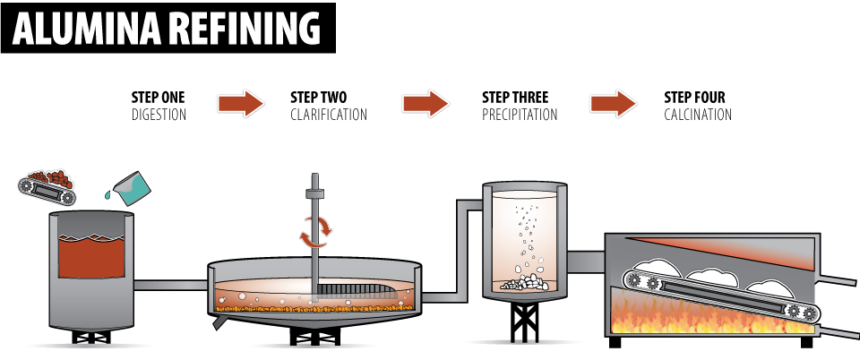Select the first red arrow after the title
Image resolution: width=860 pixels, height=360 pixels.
pyautogui.click(x=241, y=104)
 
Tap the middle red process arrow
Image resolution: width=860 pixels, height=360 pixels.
pyautogui.click(x=426, y=104)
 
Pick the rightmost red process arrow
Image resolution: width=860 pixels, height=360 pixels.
pyautogui.click(x=614, y=104)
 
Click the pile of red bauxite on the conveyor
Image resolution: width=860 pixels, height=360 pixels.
pyautogui.click(x=50, y=176)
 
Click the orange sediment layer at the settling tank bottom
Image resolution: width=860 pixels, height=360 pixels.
pyautogui.click(x=314, y=308)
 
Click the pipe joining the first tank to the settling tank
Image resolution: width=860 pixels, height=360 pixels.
pyautogui.click(x=170, y=286)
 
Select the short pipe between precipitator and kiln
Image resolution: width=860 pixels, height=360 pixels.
pyautogui.click(x=587, y=261)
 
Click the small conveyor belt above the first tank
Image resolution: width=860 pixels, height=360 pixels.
pyautogui.click(x=47, y=190)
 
